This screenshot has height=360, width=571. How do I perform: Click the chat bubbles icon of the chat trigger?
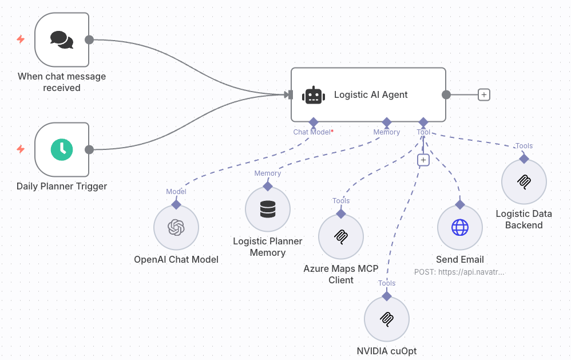tap(62, 39)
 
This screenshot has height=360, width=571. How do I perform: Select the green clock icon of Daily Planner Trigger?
tap(62, 149)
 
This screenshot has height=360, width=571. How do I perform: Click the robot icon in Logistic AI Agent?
tap(314, 95)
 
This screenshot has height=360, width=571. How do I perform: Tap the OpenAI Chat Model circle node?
tap(176, 228)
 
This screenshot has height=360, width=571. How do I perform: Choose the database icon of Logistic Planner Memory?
tap(267, 209)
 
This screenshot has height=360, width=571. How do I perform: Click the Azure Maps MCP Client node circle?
tap(341, 236)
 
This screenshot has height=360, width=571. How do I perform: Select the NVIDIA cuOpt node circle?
tap(387, 319)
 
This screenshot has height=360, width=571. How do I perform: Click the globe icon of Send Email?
tap(459, 228)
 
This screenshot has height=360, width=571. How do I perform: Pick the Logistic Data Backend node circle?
tap(524, 182)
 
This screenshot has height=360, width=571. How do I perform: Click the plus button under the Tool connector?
tap(423, 160)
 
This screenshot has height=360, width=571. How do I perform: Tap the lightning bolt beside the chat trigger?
tap(21, 39)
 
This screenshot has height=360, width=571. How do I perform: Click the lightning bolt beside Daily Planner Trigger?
tap(21, 149)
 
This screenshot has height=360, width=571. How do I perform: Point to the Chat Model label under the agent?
tap(312, 132)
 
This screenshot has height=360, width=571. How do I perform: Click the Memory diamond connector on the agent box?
tap(387, 122)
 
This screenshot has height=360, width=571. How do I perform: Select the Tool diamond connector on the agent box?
tap(423, 122)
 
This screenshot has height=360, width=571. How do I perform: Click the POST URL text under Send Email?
tap(459, 272)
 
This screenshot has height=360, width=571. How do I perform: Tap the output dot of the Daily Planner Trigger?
tap(89, 149)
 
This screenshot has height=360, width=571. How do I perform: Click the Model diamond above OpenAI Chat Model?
tap(176, 204)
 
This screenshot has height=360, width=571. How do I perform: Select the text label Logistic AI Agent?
tap(371, 95)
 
